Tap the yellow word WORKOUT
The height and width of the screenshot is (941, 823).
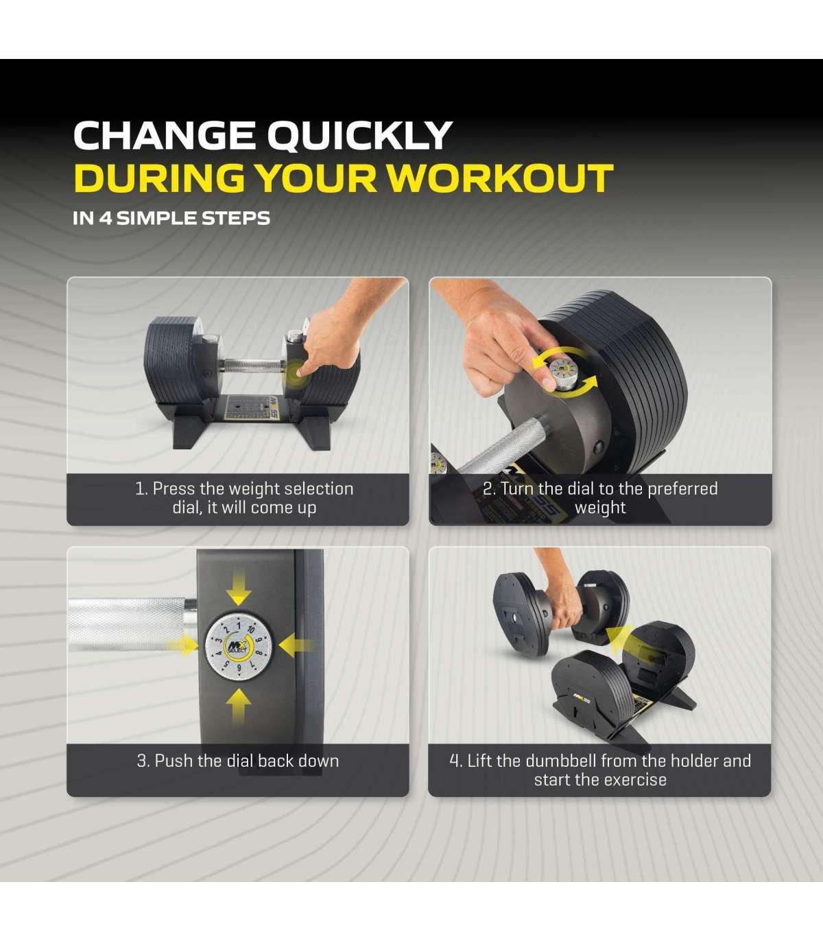point(503,178)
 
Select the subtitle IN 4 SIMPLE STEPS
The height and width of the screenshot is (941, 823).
point(171,218)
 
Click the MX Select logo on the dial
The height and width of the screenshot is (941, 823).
point(238,647)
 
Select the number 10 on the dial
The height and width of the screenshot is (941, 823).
point(251,629)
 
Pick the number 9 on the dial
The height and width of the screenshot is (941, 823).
point(239,667)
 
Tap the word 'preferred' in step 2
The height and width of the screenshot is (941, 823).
point(682,489)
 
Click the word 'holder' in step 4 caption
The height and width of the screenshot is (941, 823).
point(694,761)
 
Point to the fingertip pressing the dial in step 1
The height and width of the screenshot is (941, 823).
point(300,372)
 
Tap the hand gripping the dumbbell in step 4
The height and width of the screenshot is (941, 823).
point(565,607)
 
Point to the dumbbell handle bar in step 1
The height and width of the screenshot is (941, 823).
point(251,366)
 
